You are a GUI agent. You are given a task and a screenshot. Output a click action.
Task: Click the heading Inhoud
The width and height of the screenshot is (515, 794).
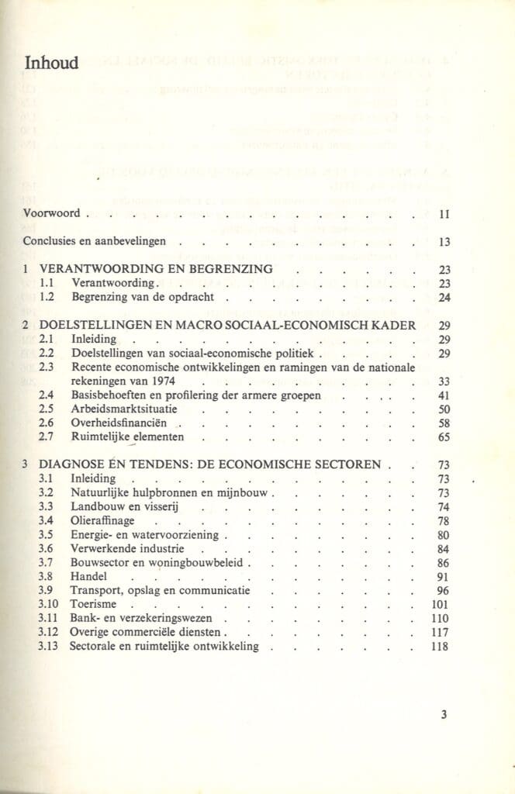tap(51, 63)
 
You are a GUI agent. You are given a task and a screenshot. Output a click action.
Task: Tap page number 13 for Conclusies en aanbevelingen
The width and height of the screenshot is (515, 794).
tap(444, 242)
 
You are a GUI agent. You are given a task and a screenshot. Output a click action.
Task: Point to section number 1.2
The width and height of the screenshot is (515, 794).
tap(46, 297)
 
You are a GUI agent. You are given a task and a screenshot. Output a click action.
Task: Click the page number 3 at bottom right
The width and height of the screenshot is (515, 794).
tap(444, 715)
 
